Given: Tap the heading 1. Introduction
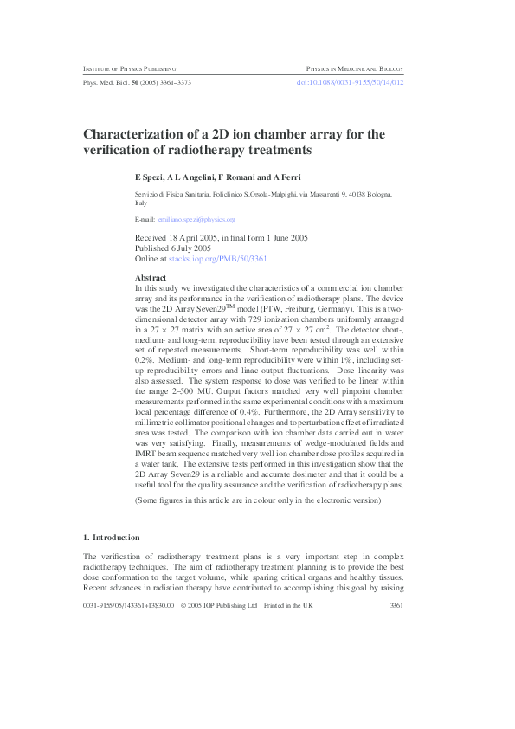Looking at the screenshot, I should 118,536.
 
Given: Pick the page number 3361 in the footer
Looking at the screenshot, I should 397,606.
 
